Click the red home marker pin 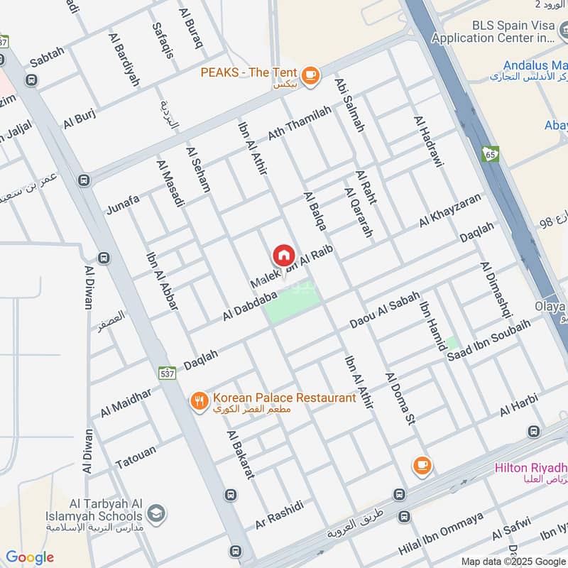tap(283, 255)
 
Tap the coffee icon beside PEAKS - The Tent tap(310, 74)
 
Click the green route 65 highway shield tap(491, 153)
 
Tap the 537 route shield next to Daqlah tap(167, 373)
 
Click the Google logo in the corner tap(30, 557)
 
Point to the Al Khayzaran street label tap(449, 210)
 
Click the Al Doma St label tap(400, 398)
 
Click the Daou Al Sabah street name tap(384, 310)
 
